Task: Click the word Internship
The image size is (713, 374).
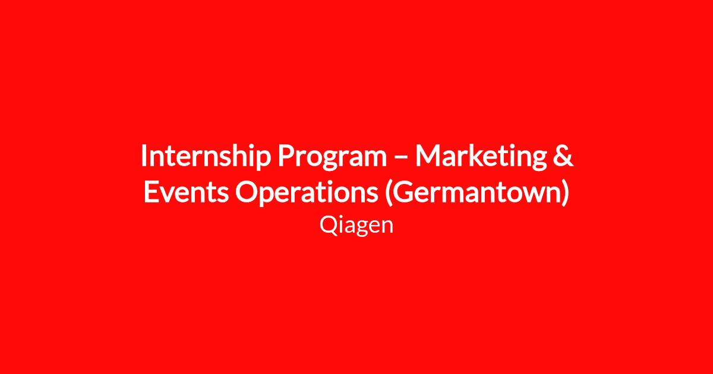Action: (x=206, y=156)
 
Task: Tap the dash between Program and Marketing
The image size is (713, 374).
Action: (x=401, y=157)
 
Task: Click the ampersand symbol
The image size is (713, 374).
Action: (x=563, y=156)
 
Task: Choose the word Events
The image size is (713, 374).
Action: (x=186, y=192)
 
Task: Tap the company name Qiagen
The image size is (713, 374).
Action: (x=356, y=226)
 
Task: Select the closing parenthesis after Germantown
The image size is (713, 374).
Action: (x=566, y=193)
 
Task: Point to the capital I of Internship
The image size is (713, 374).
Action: (x=144, y=156)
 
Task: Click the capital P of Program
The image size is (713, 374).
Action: (x=286, y=156)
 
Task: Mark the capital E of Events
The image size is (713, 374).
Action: (x=151, y=192)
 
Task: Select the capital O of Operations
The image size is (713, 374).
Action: (x=247, y=192)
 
